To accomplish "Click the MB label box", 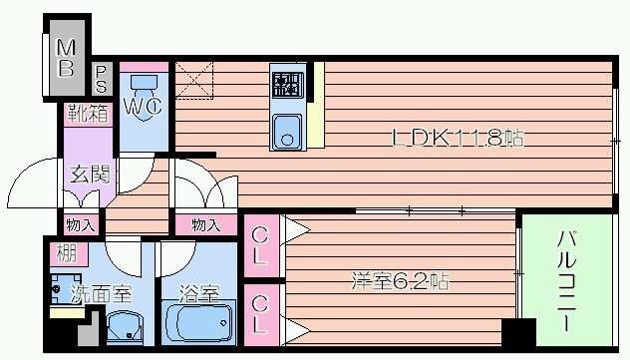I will tap(65, 57).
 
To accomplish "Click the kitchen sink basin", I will tap(287, 130).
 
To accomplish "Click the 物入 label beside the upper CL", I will tap(205, 225).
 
